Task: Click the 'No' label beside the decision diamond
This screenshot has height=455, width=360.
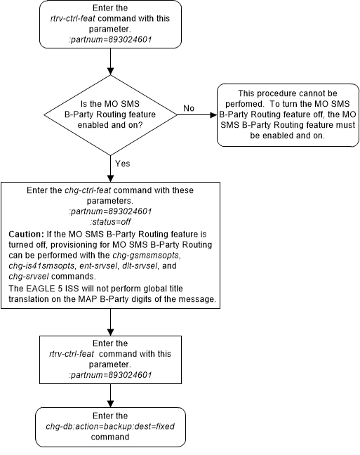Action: (189, 109)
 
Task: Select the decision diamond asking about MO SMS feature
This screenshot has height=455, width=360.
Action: (110, 114)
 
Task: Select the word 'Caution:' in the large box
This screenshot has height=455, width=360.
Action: (28, 232)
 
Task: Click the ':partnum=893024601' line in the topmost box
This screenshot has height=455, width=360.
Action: (110, 39)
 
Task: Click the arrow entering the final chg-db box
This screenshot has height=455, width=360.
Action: (110, 397)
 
